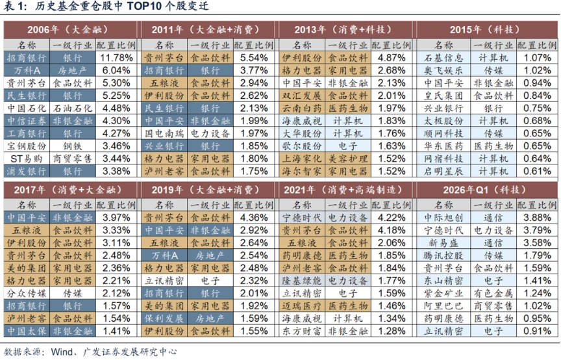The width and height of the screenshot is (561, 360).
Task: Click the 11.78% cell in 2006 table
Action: (x=118, y=57)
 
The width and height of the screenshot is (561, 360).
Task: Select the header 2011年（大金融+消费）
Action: (x=206, y=30)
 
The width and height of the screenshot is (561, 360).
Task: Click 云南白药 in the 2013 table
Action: (x=301, y=108)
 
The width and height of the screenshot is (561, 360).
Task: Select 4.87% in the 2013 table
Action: (x=392, y=57)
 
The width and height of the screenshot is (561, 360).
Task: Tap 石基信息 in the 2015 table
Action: (x=443, y=57)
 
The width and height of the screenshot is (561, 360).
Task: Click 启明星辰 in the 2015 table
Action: (x=443, y=171)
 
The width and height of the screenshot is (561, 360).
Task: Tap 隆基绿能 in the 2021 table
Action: (x=301, y=280)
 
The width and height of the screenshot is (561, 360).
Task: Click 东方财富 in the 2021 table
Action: (x=301, y=331)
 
